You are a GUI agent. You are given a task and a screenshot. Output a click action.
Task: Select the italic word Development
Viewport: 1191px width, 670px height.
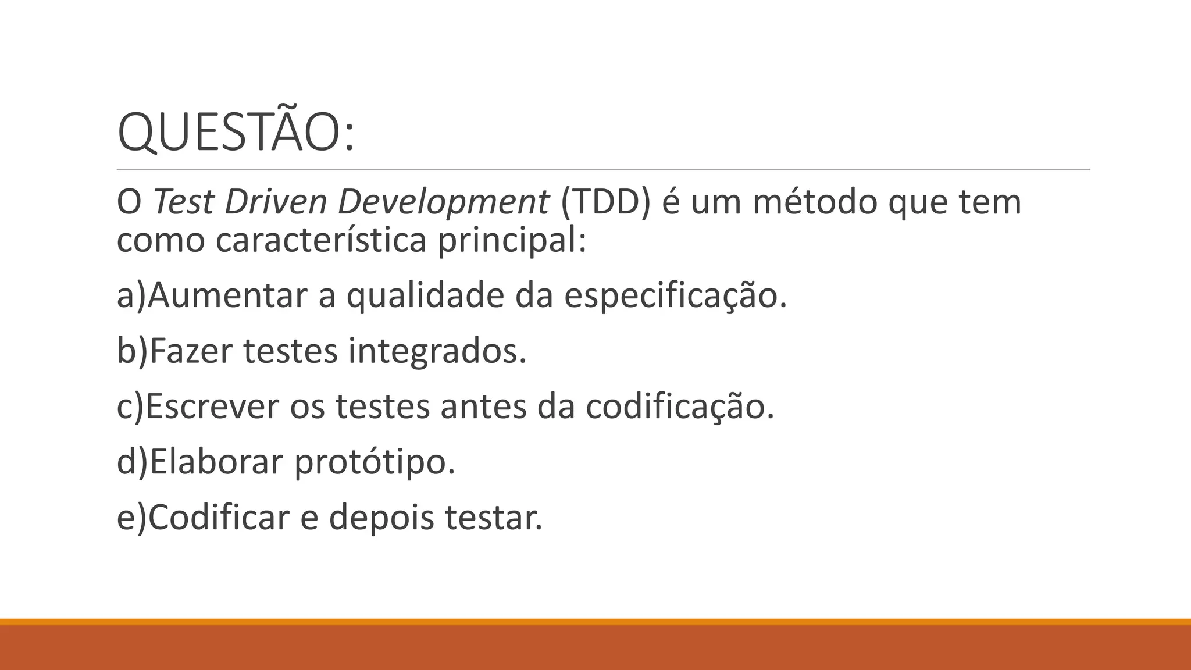[443, 202]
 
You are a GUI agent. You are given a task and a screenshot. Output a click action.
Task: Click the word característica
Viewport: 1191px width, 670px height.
[321, 239]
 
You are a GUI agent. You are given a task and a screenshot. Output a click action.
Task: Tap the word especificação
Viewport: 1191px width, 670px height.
[675, 295]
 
